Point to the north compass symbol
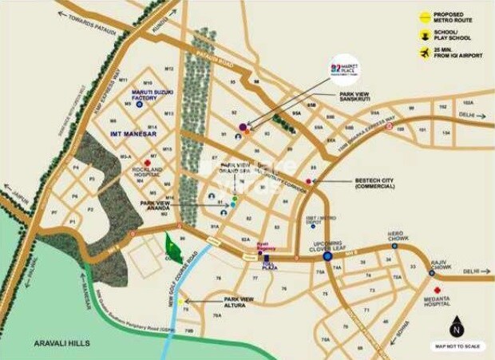click(456, 327)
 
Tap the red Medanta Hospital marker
click(436, 290)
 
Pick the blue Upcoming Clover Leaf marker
click(327, 257)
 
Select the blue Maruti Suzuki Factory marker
click(140, 104)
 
